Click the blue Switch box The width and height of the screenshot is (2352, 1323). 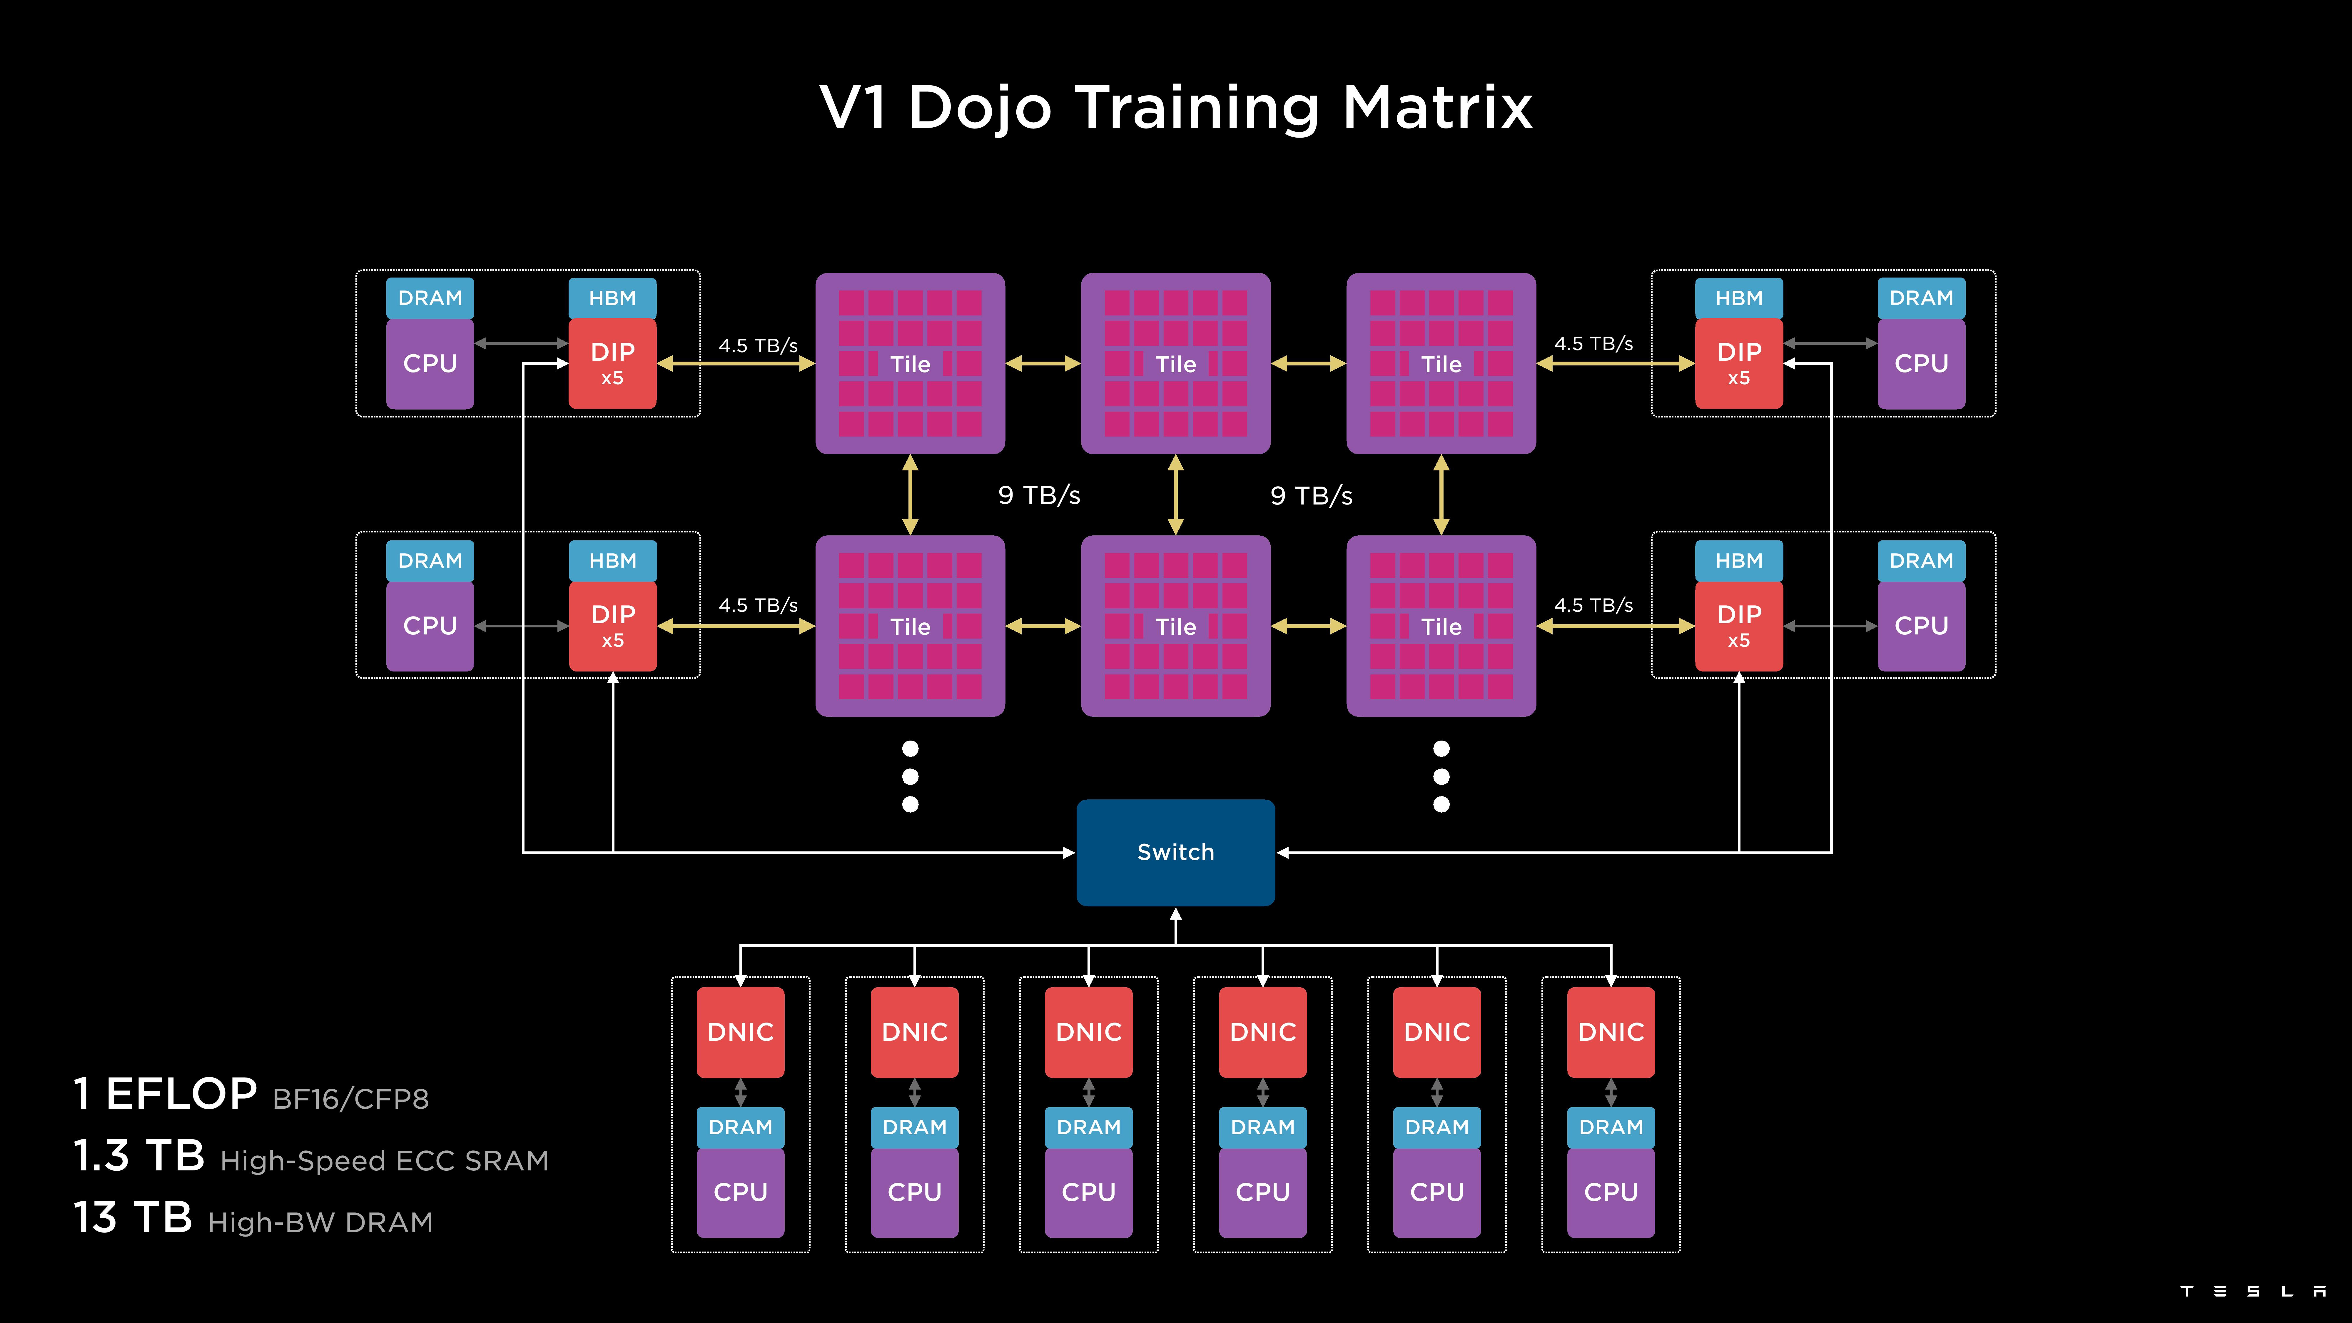click(x=1175, y=852)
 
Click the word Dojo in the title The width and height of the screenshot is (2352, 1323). click(x=980, y=108)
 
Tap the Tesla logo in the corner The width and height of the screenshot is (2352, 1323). click(x=2251, y=1291)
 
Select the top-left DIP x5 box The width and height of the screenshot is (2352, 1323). click(x=612, y=363)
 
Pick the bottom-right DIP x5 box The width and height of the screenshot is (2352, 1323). click(x=1738, y=625)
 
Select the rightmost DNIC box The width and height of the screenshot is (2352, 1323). click(x=1611, y=1032)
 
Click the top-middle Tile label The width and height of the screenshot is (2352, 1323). click(x=1175, y=364)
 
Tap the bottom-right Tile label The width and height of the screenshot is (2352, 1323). click(x=1441, y=626)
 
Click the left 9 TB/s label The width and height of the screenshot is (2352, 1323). click(x=1039, y=495)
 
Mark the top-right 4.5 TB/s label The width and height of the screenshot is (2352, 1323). click(x=1593, y=343)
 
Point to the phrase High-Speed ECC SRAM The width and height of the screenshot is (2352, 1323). click(x=384, y=1160)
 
